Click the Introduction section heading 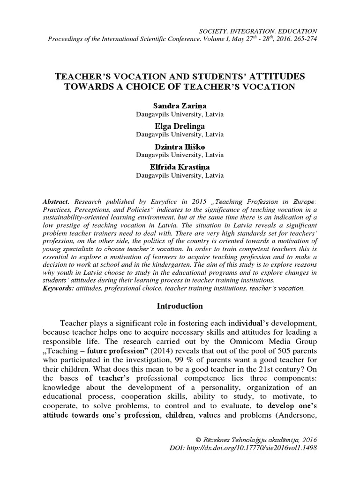180,306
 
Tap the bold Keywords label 58,288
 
